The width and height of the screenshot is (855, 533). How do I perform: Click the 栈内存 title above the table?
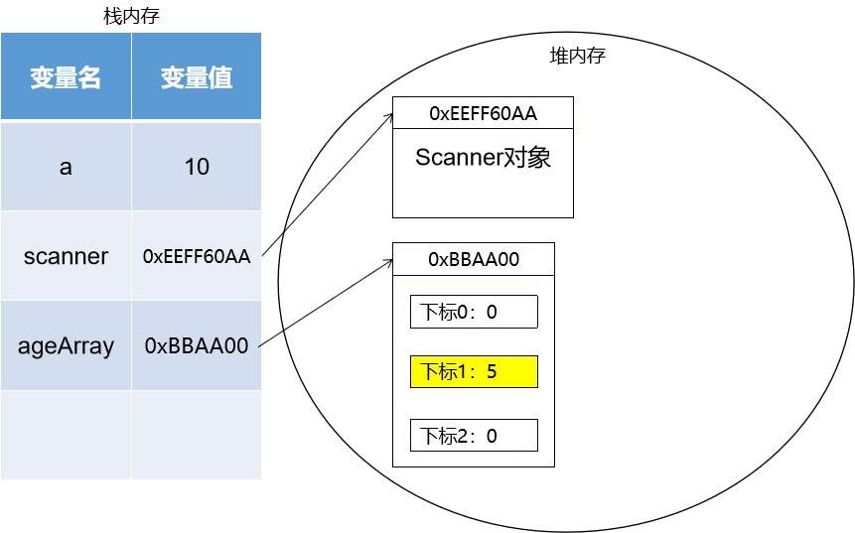pos(131,16)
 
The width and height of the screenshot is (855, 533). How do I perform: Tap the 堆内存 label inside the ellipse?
pos(577,56)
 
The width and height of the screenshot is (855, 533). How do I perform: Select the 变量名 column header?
pos(66,77)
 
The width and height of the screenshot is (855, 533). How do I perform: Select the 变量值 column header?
pos(197,77)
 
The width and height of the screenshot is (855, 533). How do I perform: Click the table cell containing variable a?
pos(66,167)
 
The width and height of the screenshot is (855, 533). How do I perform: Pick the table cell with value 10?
pos(197,167)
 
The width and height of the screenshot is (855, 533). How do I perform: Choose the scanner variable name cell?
pos(66,256)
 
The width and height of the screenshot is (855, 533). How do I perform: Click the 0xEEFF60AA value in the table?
pos(197,256)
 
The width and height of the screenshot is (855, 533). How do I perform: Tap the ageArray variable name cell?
pos(66,345)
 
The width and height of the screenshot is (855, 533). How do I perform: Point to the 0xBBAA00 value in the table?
pos(197,345)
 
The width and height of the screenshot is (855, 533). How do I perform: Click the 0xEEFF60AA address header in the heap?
pos(483,113)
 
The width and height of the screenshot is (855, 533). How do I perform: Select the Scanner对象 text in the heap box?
pos(483,158)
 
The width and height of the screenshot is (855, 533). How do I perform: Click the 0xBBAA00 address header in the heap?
pos(474,259)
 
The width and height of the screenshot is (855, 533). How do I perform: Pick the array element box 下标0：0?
pos(474,312)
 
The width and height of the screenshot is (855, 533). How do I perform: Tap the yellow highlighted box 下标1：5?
pos(474,371)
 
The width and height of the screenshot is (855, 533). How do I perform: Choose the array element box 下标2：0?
pos(474,435)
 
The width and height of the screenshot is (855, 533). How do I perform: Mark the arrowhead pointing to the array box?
pos(388,262)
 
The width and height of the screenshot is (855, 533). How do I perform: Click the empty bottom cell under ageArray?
pos(66,435)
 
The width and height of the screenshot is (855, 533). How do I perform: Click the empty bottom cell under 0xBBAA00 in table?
pos(197,435)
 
